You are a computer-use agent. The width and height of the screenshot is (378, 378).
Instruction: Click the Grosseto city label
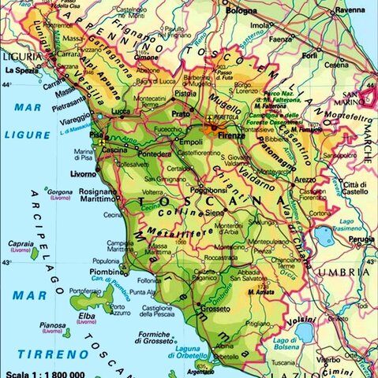(216, 309)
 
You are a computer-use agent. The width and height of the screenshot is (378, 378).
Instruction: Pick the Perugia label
(361, 238)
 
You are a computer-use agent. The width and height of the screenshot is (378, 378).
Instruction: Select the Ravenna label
(350, 10)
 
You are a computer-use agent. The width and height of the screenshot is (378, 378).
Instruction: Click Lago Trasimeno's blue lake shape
(324, 235)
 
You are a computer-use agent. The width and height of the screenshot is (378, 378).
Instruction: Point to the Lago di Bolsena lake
(305, 332)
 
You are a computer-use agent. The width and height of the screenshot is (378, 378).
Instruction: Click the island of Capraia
(34, 254)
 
